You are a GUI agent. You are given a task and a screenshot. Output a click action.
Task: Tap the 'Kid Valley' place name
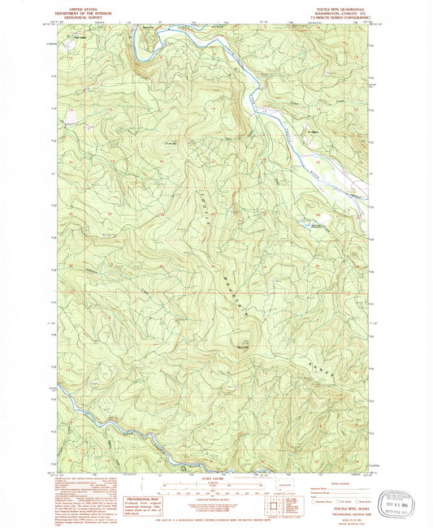(80, 37)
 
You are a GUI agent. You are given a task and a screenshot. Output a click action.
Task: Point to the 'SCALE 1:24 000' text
(214, 478)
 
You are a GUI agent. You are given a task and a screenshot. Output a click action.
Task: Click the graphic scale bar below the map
(214, 488)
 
